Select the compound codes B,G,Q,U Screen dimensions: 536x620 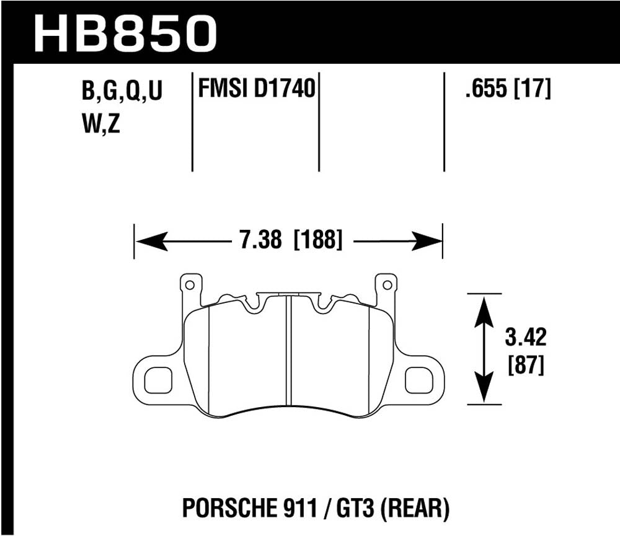(x=122, y=92)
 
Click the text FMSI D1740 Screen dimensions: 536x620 (x=257, y=90)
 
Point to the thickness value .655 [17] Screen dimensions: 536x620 (x=507, y=90)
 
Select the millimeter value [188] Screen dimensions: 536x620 (x=317, y=239)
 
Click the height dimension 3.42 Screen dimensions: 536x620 (x=526, y=339)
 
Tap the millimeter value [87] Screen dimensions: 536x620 (x=526, y=366)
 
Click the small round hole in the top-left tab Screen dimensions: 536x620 (x=190, y=285)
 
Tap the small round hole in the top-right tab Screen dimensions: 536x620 (x=387, y=285)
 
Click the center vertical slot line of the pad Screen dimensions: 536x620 (x=288, y=350)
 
